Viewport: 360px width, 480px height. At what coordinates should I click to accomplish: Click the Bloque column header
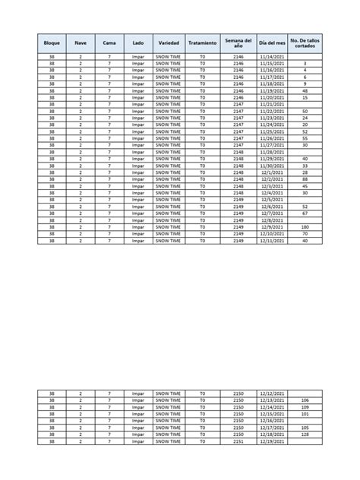[x=52, y=43]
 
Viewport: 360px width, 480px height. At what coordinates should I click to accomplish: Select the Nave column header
[x=81, y=43]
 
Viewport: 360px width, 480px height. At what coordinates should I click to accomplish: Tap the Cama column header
[x=109, y=43]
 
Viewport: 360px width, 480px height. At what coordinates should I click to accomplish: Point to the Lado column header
[x=137, y=43]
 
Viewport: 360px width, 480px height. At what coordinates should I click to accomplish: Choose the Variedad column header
[x=169, y=43]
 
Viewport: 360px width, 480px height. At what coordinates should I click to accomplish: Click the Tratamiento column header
[x=203, y=43]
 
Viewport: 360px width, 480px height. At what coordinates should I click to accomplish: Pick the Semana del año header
[x=238, y=43]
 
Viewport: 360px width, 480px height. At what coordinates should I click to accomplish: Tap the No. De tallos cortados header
[x=305, y=43]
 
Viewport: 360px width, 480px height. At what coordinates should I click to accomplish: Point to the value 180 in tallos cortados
[x=305, y=226]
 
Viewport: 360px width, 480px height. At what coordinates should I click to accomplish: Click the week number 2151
[x=238, y=441]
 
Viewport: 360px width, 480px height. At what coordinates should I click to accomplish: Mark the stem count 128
[x=305, y=434]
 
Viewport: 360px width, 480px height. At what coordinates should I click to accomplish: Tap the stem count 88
[x=305, y=179]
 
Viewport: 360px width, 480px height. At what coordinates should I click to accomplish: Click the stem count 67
[x=305, y=213]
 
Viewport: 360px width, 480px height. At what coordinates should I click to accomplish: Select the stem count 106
[x=305, y=399]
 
